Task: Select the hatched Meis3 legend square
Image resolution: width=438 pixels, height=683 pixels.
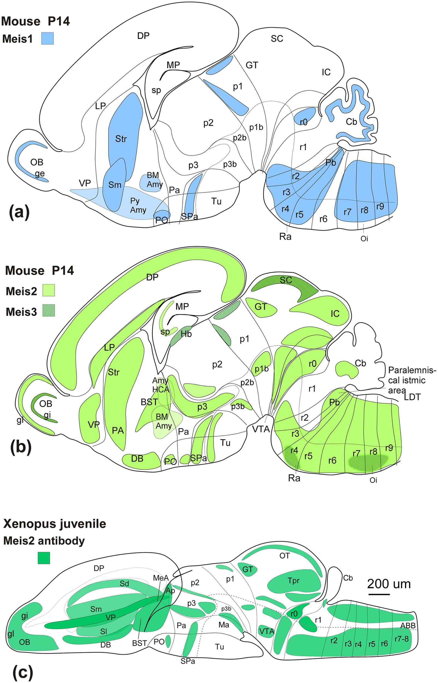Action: tap(48, 311)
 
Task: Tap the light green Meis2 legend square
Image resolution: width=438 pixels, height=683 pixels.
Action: tap(48, 290)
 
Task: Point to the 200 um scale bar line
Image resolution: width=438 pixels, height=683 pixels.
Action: tap(379, 594)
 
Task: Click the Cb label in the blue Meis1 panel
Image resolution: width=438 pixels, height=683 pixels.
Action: tap(351, 122)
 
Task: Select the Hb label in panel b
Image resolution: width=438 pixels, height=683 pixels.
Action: tap(186, 334)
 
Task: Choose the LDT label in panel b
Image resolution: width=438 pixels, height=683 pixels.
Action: tap(412, 397)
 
